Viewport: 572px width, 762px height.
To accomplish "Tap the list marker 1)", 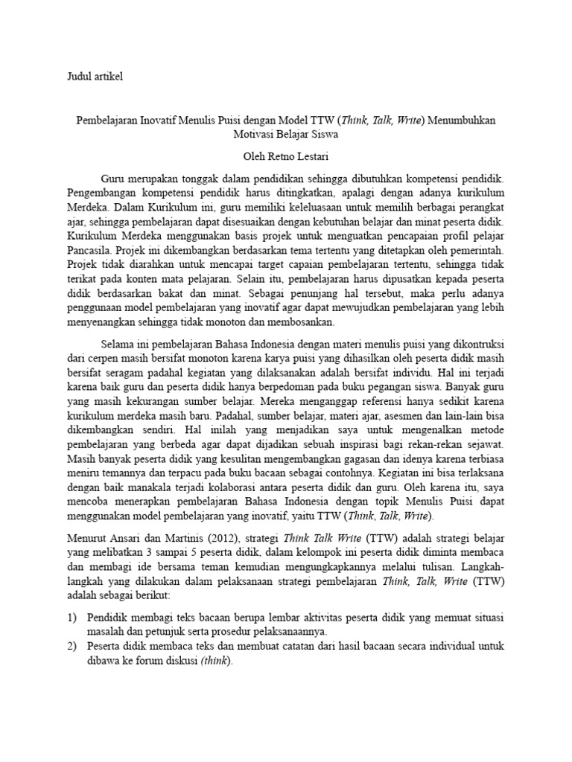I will click(x=71, y=618).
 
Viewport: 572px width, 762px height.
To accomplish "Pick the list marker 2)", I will click(x=71, y=646).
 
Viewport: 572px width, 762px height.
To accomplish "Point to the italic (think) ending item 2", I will click(x=216, y=660).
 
